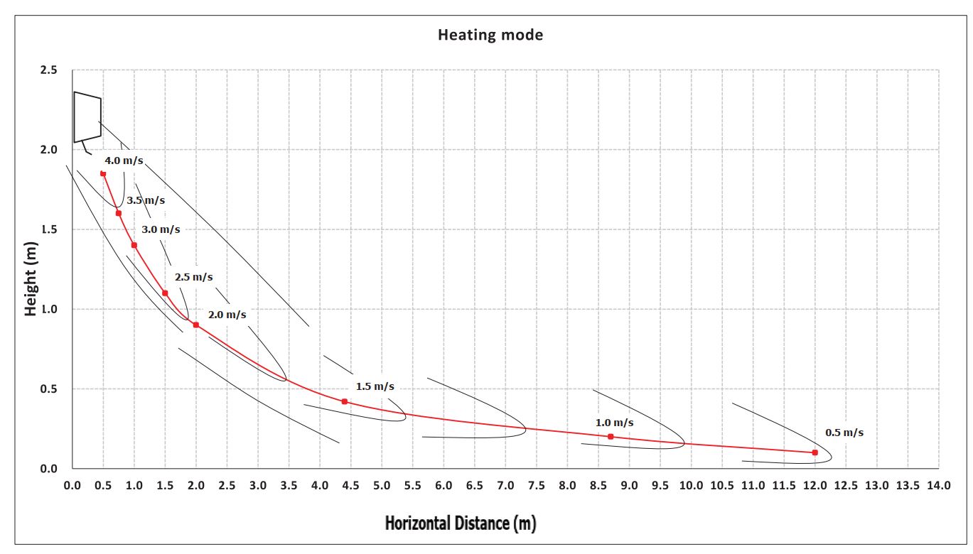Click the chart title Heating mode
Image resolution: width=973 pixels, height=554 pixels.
tap(490, 34)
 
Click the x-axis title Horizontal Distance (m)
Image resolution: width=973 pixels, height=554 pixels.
tap(460, 524)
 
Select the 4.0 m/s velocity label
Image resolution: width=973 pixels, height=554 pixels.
tap(124, 161)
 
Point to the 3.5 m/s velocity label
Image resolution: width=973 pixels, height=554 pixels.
tap(146, 200)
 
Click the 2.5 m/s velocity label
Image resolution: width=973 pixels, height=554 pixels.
tap(193, 277)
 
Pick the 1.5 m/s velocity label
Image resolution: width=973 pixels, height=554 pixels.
tap(375, 386)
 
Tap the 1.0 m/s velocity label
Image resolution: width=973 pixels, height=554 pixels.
tap(614, 423)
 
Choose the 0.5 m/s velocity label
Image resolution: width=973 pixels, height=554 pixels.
tap(844, 432)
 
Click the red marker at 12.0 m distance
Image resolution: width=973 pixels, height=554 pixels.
tap(815, 452)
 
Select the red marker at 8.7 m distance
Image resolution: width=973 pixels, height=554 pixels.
tap(611, 436)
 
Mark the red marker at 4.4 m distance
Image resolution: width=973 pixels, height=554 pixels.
tap(345, 401)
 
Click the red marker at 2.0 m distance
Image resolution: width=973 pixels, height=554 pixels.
tap(196, 325)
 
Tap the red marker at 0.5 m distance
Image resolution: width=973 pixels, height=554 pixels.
tap(103, 173)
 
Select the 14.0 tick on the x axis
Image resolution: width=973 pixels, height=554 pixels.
tap(938, 486)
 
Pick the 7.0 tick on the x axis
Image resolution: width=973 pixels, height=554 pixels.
tap(505, 486)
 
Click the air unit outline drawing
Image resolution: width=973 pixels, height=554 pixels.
tap(87, 117)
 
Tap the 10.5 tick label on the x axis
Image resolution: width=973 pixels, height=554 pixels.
tap(721, 486)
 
